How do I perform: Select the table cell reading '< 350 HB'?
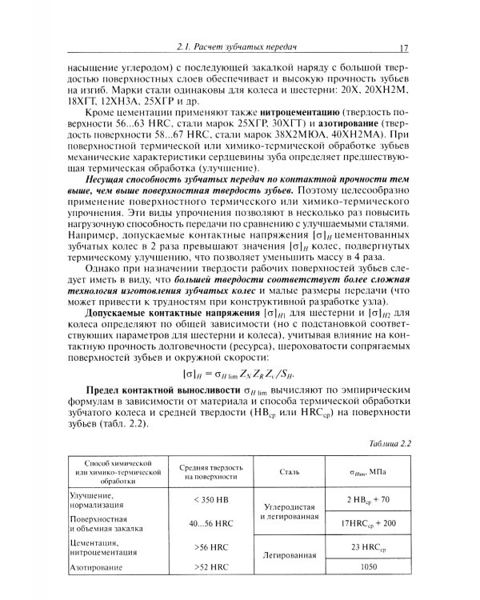coord(211,500)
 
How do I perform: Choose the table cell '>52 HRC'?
coord(211,568)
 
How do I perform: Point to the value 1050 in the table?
coord(368,568)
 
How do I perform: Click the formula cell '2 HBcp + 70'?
coord(368,500)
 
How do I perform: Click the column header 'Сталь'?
coord(290,472)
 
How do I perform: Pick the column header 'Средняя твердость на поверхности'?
coord(211,472)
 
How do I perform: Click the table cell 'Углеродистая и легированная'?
coord(290,512)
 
